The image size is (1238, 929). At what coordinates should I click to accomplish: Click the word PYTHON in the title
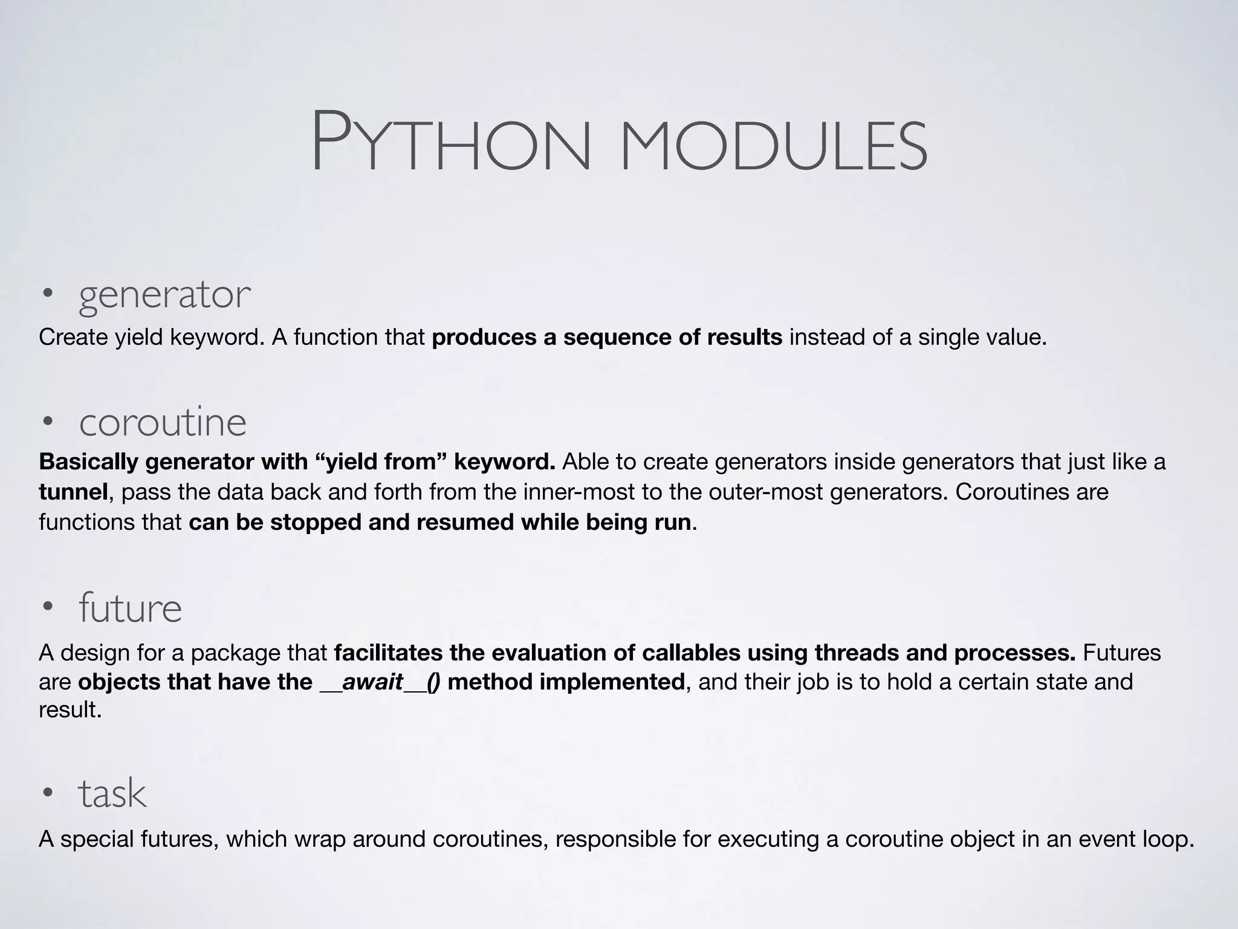(x=450, y=142)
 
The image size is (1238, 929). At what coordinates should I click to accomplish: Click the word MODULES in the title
(x=773, y=145)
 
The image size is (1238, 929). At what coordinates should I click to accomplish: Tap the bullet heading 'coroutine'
(x=163, y=422)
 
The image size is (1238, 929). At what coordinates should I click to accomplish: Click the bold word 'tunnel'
(x=73, y=492)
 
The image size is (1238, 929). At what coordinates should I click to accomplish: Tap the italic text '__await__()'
(x=380, y=682)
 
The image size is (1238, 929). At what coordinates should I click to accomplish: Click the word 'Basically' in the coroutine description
(x=89, y=461)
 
